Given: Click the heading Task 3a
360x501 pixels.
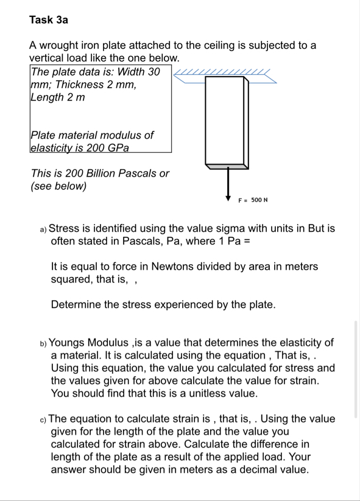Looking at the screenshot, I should pyautogui.click(x=49, y=20).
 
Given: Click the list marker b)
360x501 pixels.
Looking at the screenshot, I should pyautogui.click(x=43, y=343).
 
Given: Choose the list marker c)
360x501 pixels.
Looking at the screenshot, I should pyautogui.click(x=43, y=419).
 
